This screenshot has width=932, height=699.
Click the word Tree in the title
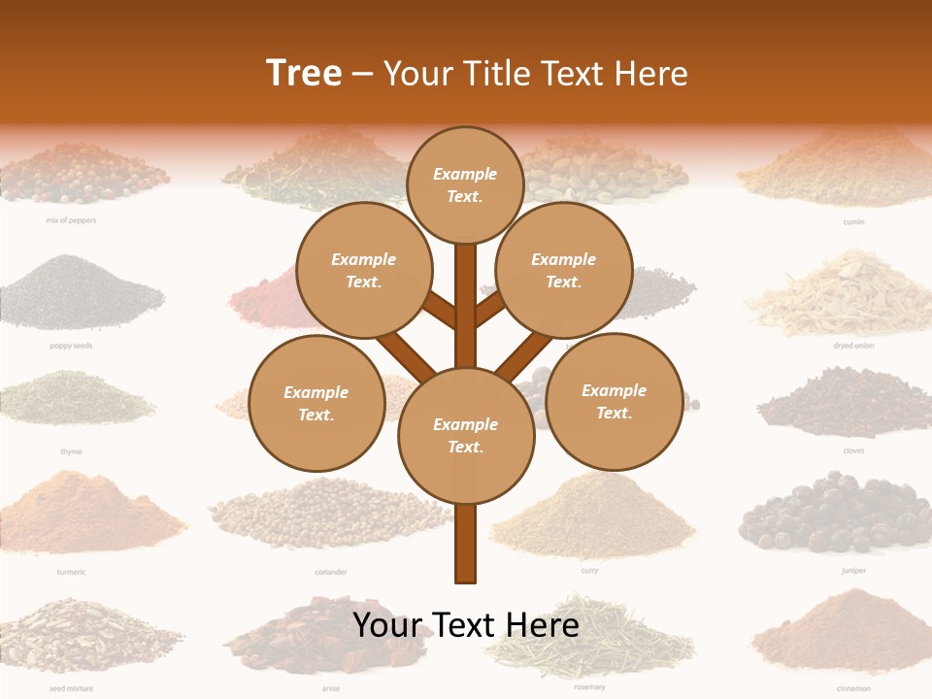coord(304,73)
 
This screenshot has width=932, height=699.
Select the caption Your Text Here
coord(466,625)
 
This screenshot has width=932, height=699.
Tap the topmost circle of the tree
coord(465,185)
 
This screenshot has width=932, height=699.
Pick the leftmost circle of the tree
coord(316,404)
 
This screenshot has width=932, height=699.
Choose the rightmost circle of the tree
coord(614,402)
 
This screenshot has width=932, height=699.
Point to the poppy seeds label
coord(71,346)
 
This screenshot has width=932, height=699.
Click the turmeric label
coord(71,572)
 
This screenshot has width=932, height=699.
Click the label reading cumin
coord(853,221)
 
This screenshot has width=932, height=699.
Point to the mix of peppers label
coord(71,220)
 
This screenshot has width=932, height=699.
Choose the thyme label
coord(71,451)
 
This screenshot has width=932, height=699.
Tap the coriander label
coord(331,572)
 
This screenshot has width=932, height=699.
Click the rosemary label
coord(589,687)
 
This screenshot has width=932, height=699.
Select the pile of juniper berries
coord(828,515)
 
